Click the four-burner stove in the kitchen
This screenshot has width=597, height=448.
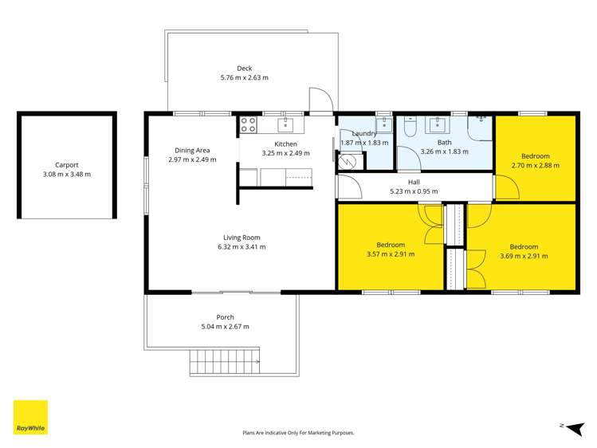pos(247,124)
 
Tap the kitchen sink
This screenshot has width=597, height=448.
pos(285,124)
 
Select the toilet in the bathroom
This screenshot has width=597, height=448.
pos(410,126)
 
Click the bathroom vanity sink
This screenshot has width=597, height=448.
pos(438,124)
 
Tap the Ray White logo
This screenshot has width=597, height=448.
pos(30,418)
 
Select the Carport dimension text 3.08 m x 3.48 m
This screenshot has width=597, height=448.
pos(67,174)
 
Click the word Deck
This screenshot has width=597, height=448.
pos(244,68)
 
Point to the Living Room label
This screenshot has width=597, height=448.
pos(241,237)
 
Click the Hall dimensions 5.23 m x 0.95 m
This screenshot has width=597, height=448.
pos(414,191)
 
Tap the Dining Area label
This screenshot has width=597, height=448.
pos(192,149)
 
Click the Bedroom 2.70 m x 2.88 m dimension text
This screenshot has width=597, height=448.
pos(535,166)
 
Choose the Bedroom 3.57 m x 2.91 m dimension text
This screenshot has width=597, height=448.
pos(391,255)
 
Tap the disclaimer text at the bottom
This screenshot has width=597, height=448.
pos(298,433)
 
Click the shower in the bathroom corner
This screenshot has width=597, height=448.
pos(480,127)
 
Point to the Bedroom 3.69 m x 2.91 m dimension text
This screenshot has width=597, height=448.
pos(524,256)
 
